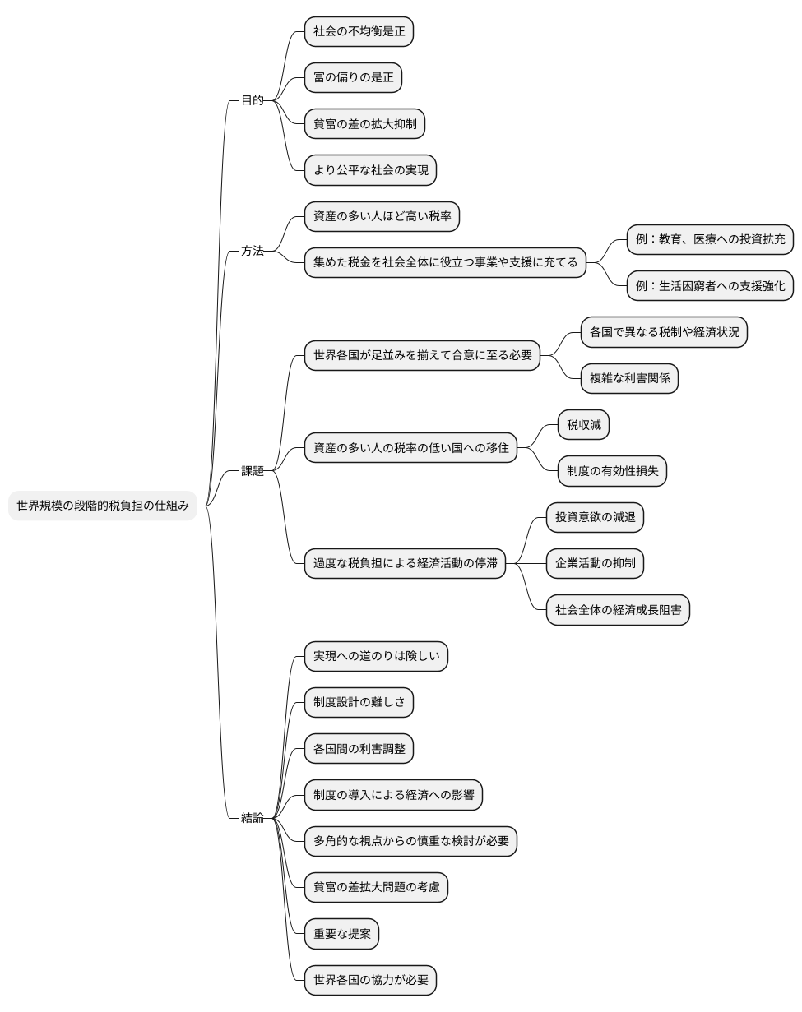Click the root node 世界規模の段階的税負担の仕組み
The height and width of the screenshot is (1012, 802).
[x=103, y=506]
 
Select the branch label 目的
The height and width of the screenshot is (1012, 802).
[x=252, y=100]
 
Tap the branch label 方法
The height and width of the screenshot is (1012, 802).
[x=252, y=251]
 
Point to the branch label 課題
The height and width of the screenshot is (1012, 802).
[x=252, y=471]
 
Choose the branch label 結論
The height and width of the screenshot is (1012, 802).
[x=252, y=818]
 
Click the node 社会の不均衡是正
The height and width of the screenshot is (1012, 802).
[x=359, y=32]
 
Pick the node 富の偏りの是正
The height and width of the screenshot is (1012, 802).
[x=353, y=78]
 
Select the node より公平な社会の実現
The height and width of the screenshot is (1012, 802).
[x=370, y=171]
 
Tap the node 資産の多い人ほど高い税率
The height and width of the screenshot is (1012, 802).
[x=382, y=217]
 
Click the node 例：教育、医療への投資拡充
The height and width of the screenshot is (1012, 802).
[x=710, y=240]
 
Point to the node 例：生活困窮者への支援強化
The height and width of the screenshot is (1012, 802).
[x=710, y=286]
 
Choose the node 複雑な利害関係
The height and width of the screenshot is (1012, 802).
[x=629, y=379]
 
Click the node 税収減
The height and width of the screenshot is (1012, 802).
[x=584, y=425]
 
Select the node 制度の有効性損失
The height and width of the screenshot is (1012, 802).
[x=612, y=471]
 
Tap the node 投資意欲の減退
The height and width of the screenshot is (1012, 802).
[x=595, y=517]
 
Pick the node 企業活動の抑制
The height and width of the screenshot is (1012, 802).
[x=595, y=564]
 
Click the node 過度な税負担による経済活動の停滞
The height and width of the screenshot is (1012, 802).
[x=405, y=564]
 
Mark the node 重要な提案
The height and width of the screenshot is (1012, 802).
[x=341, y=934]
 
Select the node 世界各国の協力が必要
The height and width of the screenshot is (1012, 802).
[x=370, y=980]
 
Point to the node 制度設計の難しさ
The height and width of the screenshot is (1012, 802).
[x=359, y=703]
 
